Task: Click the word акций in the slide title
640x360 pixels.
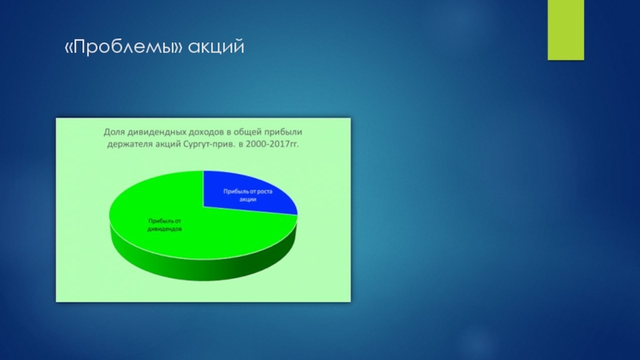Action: click(216, 47)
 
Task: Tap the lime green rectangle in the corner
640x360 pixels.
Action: click(566, 30)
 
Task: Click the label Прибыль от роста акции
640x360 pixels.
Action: click(248, 195)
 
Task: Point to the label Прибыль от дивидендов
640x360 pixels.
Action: click(165, 225)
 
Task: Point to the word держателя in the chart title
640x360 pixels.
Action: click(130, 145)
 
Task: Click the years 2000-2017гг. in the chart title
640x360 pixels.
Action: click(273, 144)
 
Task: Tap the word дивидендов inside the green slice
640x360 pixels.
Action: click(165, 229)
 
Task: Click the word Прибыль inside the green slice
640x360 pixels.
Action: click(158, 221)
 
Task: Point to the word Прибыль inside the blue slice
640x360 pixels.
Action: click(234, 191)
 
